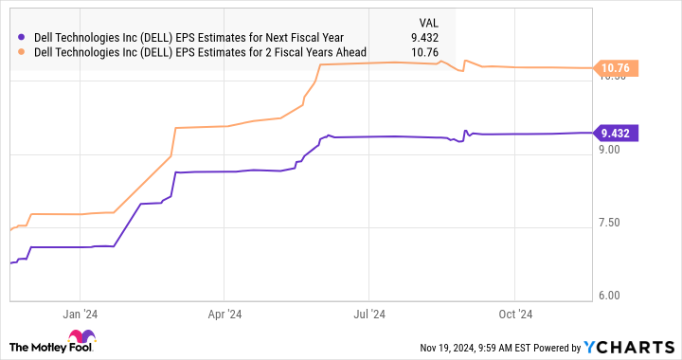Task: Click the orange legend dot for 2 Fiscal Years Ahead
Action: click(x=22, y=52)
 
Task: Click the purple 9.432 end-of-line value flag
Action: click(x=615, y=133)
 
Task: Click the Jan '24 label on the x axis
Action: click(x=81, y=315)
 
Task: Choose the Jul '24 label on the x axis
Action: click(x=368, y=315)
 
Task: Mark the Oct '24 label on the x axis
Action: click(x=513, y=315)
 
